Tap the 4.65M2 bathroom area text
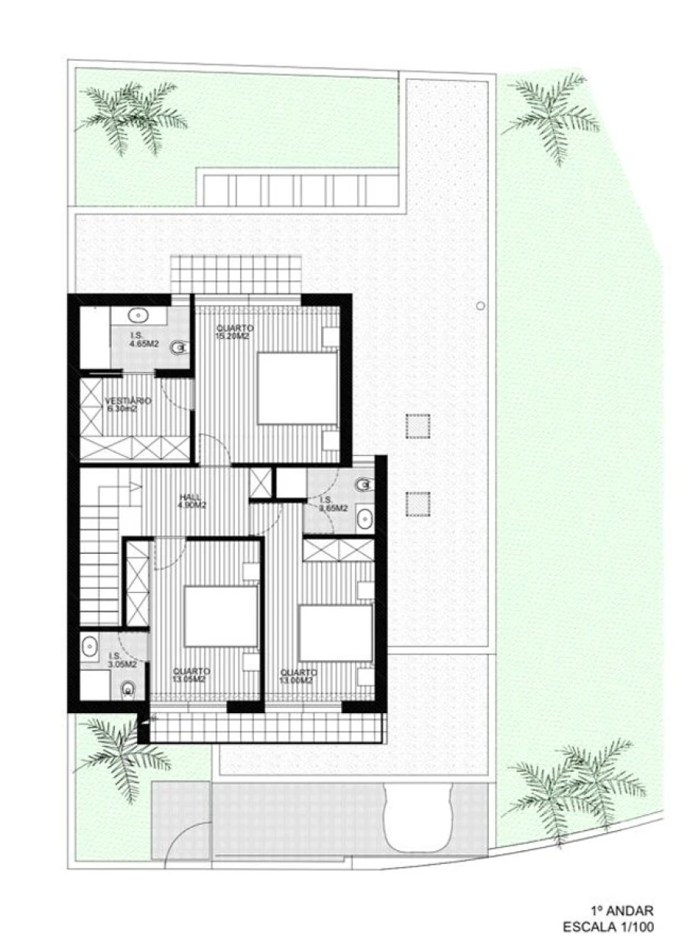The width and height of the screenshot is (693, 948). [x=145, y=344]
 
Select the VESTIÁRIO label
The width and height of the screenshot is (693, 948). [x=128, y=400]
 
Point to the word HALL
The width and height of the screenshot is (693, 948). [x=190, y=497]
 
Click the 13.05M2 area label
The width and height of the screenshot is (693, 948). [x=189, y=680]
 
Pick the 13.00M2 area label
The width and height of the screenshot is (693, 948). [x=296, y=680]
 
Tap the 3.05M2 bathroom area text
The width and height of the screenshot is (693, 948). [x=121, y=663]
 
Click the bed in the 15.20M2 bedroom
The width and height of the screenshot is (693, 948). [x=296, y=387]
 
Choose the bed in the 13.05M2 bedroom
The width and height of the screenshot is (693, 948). [x=220, y=616]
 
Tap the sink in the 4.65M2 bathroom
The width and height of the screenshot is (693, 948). [x=139, y=315]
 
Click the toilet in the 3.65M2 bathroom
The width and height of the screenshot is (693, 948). [x=363, y=485]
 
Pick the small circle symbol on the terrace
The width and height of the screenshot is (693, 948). [x=480, y=306]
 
